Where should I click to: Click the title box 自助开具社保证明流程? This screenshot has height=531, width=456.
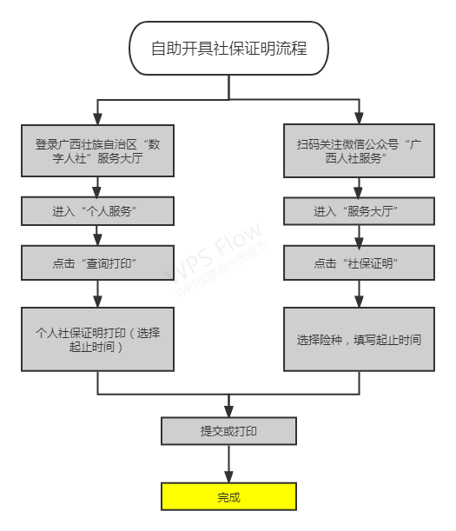point(228,48)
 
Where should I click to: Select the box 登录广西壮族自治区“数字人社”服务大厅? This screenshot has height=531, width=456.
point(97,150)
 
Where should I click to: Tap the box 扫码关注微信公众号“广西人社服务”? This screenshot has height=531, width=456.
point(359,150)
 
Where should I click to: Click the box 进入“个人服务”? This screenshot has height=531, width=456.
point(97,211)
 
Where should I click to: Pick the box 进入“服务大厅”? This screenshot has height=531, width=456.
point(359,211)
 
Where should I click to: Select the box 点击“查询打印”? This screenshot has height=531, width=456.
point(97,262)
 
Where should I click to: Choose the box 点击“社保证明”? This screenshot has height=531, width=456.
point(359,262)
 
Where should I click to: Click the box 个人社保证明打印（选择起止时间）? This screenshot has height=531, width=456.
point(97,339)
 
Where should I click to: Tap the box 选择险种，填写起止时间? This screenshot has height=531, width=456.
point(359,339)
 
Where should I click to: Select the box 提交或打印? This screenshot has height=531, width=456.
point(228,431)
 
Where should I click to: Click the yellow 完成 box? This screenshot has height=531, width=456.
point(228,497)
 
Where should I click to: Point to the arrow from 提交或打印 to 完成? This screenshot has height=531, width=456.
point(228,464)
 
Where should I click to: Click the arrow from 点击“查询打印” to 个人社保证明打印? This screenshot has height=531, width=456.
point(97,294)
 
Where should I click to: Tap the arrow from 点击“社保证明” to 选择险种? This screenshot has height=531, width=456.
point(359,294)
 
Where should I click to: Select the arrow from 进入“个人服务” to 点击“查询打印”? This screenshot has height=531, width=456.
point(97,236)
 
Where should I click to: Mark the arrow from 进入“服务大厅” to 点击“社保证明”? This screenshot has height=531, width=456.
point(359,236)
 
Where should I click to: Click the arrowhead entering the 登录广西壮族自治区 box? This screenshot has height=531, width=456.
point(97,118)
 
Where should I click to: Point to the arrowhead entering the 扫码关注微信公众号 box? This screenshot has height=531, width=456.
point(359,118)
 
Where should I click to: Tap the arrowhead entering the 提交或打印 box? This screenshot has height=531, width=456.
point(228,411)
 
